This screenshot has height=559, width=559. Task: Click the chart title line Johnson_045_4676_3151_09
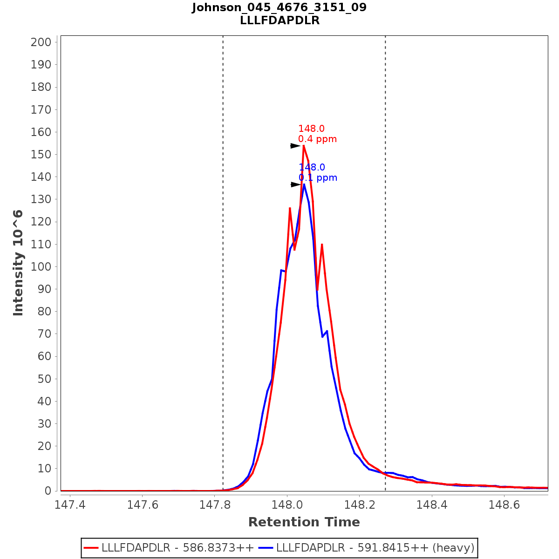click(279, 7)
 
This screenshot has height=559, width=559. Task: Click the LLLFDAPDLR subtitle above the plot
click(279, 20)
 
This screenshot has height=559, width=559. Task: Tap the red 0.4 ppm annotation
click(317, 139)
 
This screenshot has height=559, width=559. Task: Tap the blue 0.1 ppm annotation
click(318, 178)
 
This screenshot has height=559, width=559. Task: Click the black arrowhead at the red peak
click(295, 146)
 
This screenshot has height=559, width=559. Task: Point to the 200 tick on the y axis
click(41, 42)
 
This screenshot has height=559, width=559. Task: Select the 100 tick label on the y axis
click(41, 267)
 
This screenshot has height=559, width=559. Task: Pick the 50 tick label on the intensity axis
click(44, 379)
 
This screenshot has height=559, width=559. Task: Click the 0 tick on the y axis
click(47, 491)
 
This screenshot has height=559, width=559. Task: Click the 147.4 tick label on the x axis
click(70, 505)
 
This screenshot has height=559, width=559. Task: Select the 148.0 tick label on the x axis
click(287, 505)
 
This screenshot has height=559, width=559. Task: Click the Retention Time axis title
click(304, 522)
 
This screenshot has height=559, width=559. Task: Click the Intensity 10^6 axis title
click(19, 263)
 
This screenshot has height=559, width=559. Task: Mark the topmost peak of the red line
click(304, 146)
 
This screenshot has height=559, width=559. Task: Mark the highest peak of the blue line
click(304, 184)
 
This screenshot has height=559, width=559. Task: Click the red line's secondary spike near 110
click(322, 245)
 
